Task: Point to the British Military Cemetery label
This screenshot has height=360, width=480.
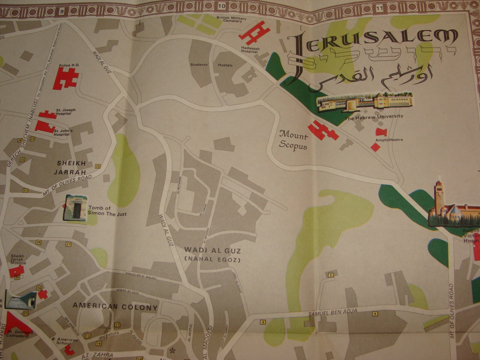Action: [232, 19]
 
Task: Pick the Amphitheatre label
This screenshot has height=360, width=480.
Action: [389, 140]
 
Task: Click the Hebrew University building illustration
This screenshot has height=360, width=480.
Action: [365, 102]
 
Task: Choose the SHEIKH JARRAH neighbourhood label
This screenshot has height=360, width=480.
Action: [71, 168]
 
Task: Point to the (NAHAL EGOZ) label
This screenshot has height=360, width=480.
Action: [213, 260]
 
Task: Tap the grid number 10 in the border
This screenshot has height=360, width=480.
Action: [222, 6]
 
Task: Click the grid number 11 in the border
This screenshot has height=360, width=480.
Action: [381, 8]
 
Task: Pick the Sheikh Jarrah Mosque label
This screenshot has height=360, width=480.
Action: [18, 259]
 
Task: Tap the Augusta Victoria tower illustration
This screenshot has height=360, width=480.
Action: [439, 199]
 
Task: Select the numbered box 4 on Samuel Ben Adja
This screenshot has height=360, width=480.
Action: [375, 314]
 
